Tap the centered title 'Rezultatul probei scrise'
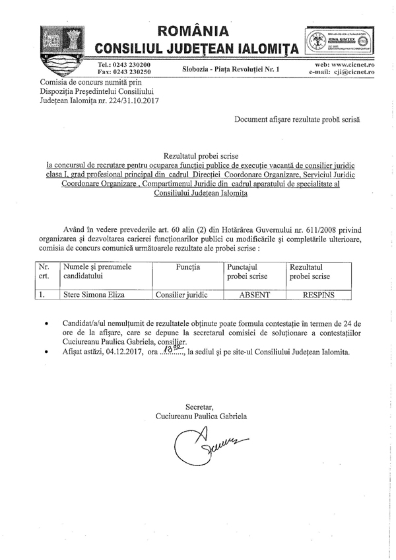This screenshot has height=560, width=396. point(197,151)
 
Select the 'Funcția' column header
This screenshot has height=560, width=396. point(187,266)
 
